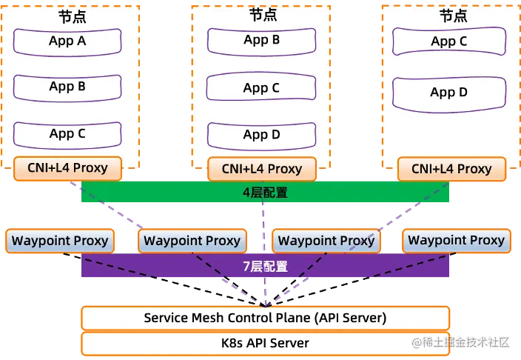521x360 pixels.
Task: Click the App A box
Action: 67,41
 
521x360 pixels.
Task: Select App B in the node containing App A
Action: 67,87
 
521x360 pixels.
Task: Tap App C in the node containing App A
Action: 67,134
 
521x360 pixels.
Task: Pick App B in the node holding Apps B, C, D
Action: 261,40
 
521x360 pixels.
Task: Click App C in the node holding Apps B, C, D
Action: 261,88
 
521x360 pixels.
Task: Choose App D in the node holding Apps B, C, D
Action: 261,135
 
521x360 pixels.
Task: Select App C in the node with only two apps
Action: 449,41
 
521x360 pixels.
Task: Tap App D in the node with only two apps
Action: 449,93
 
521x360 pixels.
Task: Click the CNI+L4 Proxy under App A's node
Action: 67,167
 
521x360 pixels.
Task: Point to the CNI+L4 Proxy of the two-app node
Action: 452,169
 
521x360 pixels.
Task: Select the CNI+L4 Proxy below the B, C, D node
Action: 262,169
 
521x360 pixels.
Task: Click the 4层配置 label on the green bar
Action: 264,193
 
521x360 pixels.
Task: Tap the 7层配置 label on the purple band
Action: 264,266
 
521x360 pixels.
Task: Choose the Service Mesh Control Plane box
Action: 265,319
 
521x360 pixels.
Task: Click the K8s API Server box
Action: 265,343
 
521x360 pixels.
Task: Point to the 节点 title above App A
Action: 71,16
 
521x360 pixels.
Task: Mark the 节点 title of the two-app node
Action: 453,16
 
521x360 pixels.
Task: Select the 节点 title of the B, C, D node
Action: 263,15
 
